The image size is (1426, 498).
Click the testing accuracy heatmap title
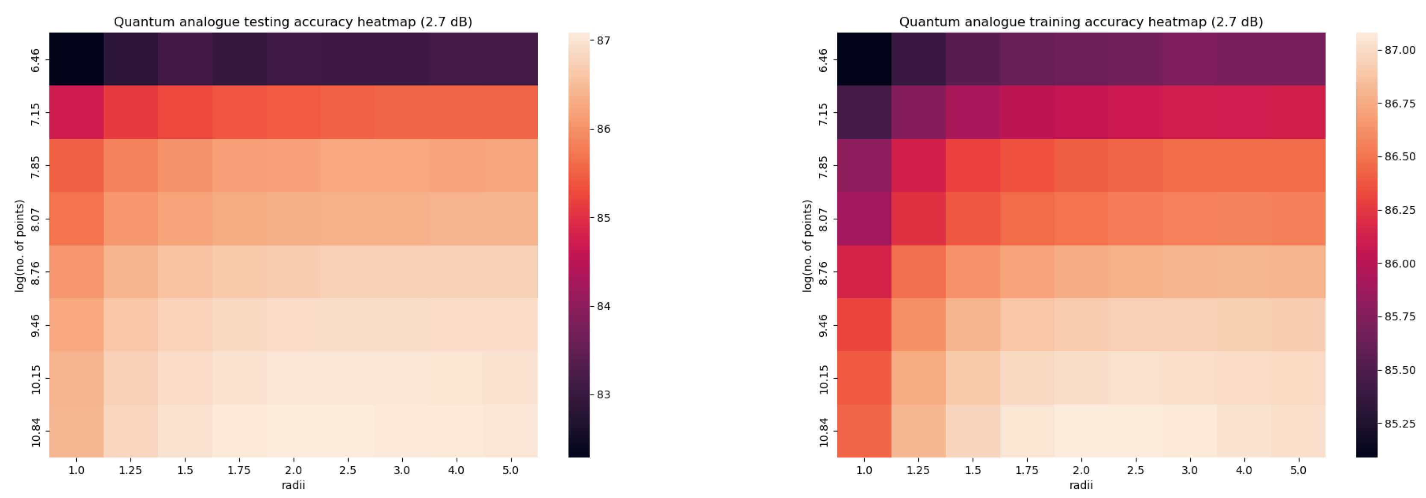tap(293, 22)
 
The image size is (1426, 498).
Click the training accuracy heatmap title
tap(1081, 22)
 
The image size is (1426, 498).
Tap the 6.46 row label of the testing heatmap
tap(35, 60)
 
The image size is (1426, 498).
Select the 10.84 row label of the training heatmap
tap(823, 432)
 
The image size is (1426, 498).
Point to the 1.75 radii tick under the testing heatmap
tap(239, 470)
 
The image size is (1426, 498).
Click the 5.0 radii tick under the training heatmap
tap(1298, 470)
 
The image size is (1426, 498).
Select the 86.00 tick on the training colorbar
tap(1399, 264)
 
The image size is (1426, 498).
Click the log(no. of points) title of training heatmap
tap(807, 246)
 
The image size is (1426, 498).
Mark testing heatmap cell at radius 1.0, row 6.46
tap(77, 59)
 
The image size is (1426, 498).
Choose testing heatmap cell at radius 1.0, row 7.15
tap(77, 112)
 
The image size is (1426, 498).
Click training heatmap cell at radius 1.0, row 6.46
tap(864, 59)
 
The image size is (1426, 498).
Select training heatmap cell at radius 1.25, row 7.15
tap(918, 112)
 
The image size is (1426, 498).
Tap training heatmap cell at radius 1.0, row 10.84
tap(864, 431)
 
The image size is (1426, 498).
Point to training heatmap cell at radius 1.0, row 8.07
tap(864, 218)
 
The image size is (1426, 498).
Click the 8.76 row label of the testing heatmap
tap(35, 273)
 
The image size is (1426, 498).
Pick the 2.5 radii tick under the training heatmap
tap(1135, 470)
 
